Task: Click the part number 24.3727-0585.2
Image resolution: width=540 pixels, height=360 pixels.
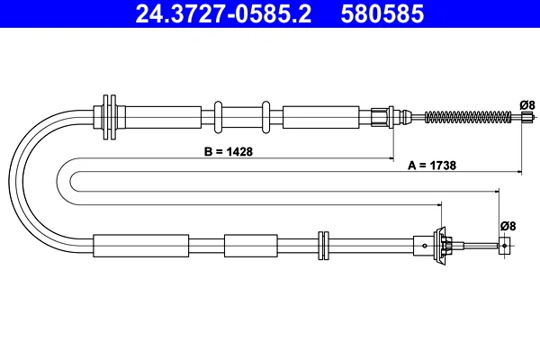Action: (223, 13)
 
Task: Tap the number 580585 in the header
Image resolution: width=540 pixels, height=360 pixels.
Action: (382, 13)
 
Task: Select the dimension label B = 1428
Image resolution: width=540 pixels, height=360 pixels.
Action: (229, 151)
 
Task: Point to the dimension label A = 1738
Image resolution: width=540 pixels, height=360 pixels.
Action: (432, 166)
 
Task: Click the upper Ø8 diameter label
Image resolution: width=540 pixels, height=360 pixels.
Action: (527, 104)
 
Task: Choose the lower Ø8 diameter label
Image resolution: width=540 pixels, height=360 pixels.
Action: (508, 226)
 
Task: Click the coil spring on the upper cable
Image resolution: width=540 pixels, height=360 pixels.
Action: (468, 117)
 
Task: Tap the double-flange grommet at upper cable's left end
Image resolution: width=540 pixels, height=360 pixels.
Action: (110, 117)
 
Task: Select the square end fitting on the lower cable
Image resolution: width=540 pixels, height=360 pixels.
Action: (504, 246)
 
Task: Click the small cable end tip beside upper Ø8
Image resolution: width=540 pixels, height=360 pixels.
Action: (526, 117)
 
